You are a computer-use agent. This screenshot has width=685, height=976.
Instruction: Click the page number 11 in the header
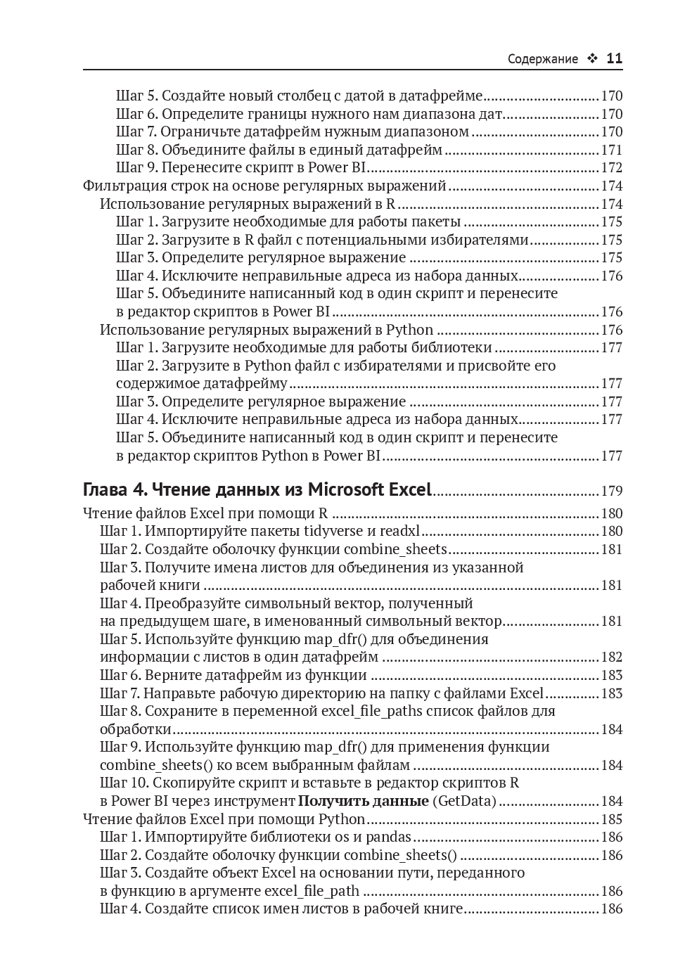pyautogui.click(x=614, y=59)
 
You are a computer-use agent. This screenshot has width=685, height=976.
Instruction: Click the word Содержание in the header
pyautogui.click(x=542, y=59)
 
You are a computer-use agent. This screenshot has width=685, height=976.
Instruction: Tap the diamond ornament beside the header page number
pyautogui.click(x=591, y=59)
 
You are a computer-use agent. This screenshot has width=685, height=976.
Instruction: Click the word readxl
pyautogui.click(x=400, y=531)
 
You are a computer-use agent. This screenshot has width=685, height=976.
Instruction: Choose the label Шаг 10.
pyautogui.click(x=124, y=783)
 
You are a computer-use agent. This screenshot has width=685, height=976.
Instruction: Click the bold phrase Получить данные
pyautogui.click(x=364, y=801)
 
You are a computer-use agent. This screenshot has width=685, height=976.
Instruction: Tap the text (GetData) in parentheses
pyautogui.click(x=464, y=801)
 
